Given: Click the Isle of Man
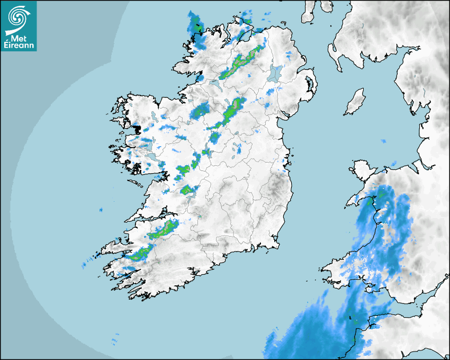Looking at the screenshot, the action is [x=355, y=102].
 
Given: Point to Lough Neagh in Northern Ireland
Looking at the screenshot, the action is [x=275, y=73].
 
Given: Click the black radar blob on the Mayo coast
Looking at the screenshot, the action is [x=137, y=129].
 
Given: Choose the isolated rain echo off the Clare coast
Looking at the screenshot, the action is [x=101, y=210].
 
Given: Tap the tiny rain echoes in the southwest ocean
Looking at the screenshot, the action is [x=115, y=338].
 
